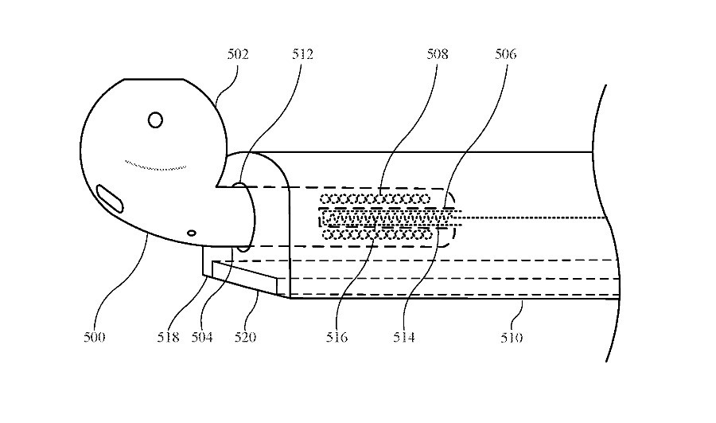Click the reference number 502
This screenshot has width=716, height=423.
238,54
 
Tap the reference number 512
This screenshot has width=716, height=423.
303,54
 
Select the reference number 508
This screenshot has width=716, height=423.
438,54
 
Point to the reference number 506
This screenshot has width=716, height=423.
505,54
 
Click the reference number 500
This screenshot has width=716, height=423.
94,338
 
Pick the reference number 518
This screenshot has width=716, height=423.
168,338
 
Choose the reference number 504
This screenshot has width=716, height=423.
202,338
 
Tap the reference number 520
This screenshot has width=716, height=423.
245,338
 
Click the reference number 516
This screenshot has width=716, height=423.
337,338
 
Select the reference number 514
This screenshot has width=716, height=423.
403,338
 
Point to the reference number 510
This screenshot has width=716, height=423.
512,338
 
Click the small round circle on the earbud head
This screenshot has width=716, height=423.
156,119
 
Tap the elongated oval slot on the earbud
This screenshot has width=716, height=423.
110,198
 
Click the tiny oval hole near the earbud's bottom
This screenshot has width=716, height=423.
192,233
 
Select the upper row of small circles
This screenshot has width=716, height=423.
375,199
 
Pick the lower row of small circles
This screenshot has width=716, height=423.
377,234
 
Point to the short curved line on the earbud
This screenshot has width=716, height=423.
155,166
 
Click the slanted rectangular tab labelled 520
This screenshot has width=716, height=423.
245,276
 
